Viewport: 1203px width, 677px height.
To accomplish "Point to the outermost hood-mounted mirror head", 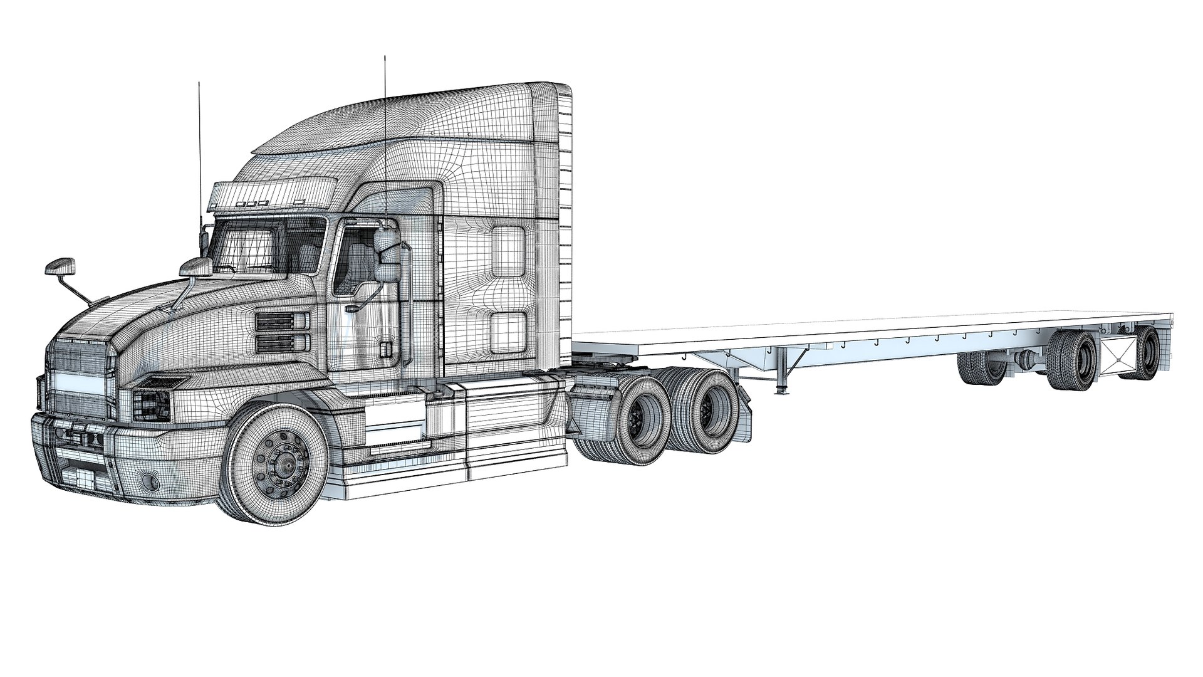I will click(60, 266).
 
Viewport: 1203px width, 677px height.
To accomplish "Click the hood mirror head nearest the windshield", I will click(196, 266).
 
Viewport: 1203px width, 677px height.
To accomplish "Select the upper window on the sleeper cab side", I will click(508, 251).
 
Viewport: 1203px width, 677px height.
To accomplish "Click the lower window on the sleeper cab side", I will click(508, 332).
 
